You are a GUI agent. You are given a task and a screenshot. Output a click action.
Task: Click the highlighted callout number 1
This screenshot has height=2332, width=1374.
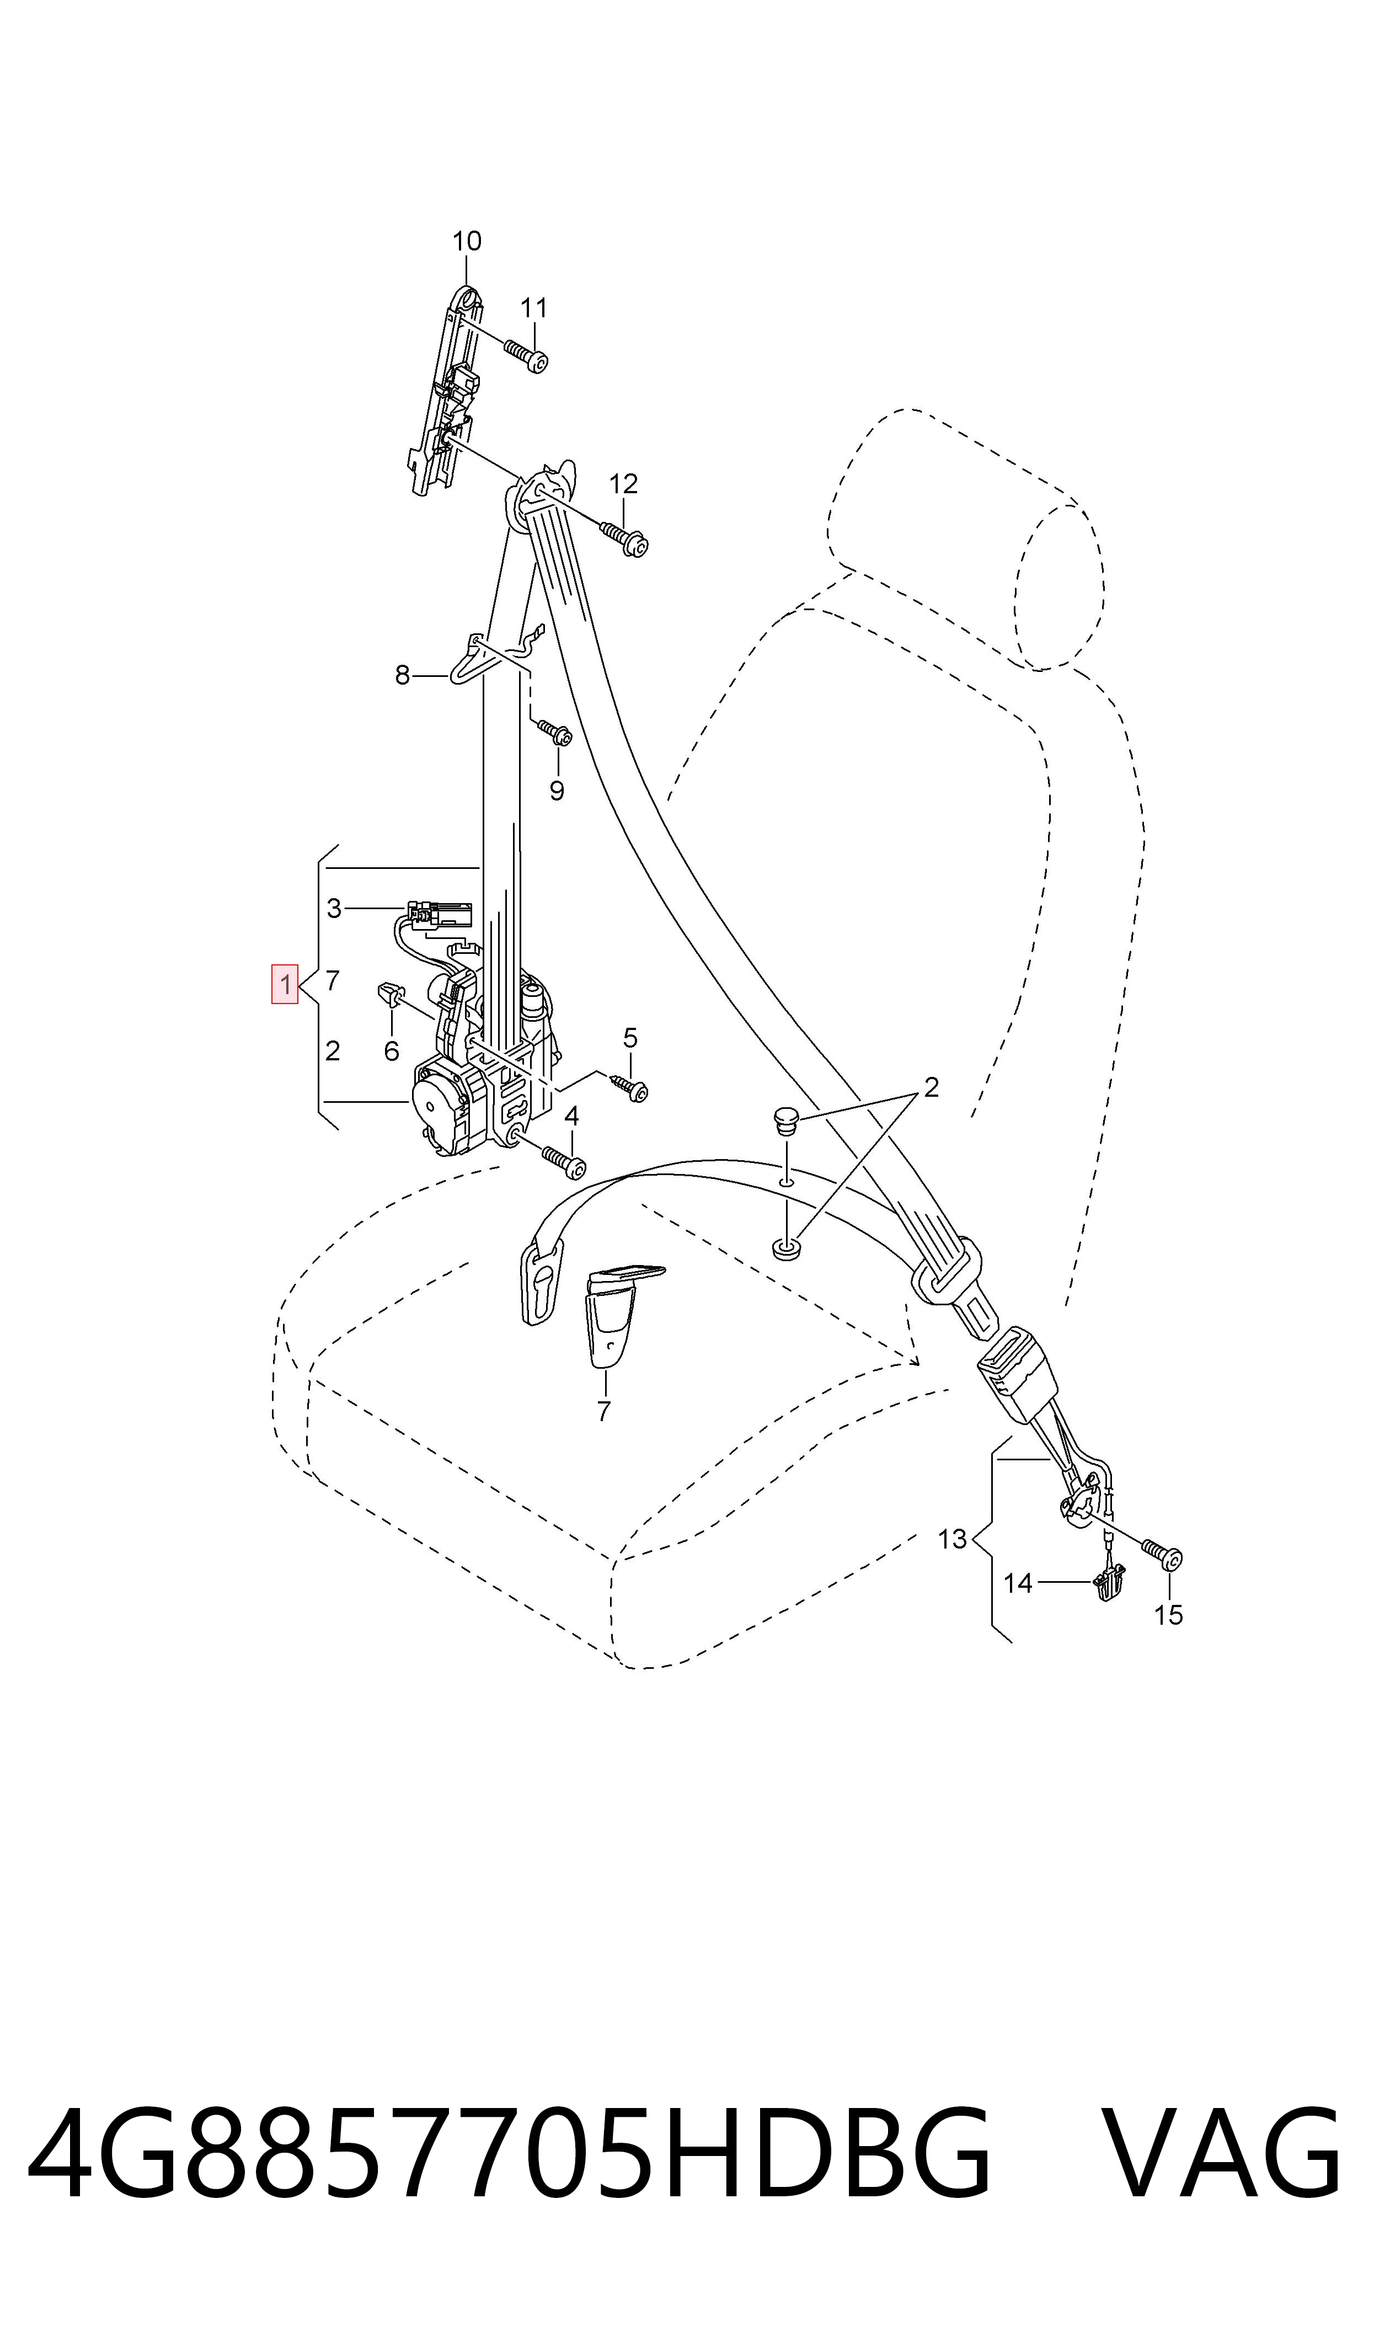284,984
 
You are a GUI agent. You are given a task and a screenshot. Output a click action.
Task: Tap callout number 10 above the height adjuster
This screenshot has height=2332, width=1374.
467,242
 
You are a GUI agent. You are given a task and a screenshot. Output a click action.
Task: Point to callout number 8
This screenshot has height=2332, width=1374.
402,676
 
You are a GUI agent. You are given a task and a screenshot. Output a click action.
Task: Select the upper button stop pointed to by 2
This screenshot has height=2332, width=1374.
784,1122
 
